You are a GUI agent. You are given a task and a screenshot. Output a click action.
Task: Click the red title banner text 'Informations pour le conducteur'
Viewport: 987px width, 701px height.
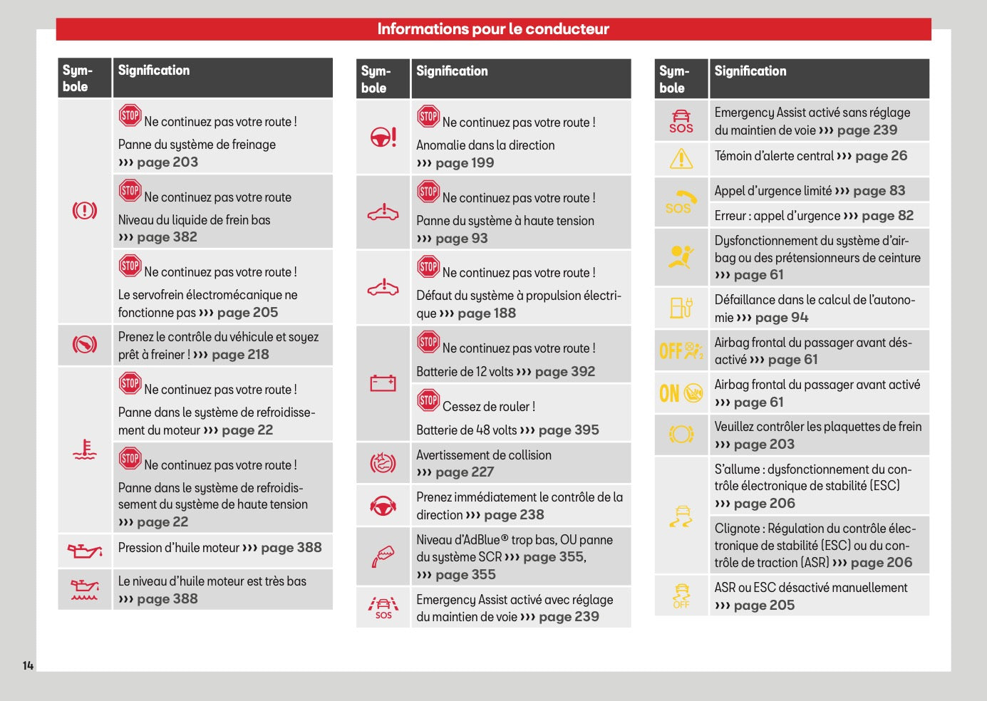tap(493, 29)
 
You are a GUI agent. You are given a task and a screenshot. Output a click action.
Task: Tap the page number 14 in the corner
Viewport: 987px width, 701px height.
tap(29, 665)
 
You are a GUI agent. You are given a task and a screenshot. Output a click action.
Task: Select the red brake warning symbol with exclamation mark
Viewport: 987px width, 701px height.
tap(85, 211)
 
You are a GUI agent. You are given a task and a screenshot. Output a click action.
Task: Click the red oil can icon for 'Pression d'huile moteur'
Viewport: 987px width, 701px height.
tap(85, 550)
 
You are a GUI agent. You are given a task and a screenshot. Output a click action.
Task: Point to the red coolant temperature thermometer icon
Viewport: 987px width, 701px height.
tap(85, 450)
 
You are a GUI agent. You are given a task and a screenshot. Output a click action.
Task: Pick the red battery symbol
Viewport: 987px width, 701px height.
tap(383, 383)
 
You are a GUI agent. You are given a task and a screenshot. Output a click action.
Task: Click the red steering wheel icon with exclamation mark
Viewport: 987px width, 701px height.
tap(383, 137)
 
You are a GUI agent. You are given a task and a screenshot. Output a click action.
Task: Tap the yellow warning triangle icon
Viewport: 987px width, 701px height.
tap(681, 159)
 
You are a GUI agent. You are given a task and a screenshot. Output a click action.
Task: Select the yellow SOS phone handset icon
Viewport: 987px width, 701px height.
tap(681, 202)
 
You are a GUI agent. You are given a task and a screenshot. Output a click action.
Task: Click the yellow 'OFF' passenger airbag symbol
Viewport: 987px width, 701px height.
tap(681, 350)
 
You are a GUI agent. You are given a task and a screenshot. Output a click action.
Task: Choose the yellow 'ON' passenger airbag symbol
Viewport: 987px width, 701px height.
tap(681, 393)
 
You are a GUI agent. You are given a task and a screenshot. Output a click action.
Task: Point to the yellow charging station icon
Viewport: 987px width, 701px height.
tap(681, 308)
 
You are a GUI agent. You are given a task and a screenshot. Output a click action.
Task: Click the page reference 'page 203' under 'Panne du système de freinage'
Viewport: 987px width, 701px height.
tap(167, 162)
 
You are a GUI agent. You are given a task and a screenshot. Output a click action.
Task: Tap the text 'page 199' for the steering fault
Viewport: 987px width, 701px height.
tap(465, 163)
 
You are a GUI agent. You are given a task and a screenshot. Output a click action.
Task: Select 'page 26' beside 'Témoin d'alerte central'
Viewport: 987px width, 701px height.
tap(882, 155)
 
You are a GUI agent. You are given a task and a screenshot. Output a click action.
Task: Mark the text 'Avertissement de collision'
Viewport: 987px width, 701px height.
tap(484, 455)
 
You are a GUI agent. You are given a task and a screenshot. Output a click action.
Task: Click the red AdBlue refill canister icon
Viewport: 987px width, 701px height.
tap(383, 556)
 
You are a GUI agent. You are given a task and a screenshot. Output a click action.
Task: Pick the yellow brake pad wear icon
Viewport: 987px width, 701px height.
tap(681, 435)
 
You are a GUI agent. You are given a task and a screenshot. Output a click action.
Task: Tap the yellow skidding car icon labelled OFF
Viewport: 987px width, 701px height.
tap(681, 596)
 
